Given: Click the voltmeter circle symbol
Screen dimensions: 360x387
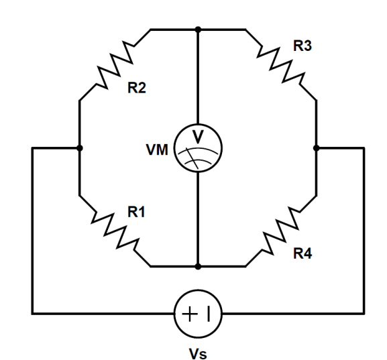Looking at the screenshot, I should (x=198, y=149).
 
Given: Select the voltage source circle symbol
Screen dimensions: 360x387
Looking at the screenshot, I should (x=198, y=313).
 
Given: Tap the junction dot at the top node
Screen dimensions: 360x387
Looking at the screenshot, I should (x=198, y=29).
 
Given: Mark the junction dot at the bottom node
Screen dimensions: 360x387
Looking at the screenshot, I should (x=198, y=266).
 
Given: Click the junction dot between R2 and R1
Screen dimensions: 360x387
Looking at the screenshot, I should (x=80, y=147).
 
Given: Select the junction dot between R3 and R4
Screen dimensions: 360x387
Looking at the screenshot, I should (x=316, y=147).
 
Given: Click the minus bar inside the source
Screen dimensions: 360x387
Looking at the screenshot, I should (x=207, y=313).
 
